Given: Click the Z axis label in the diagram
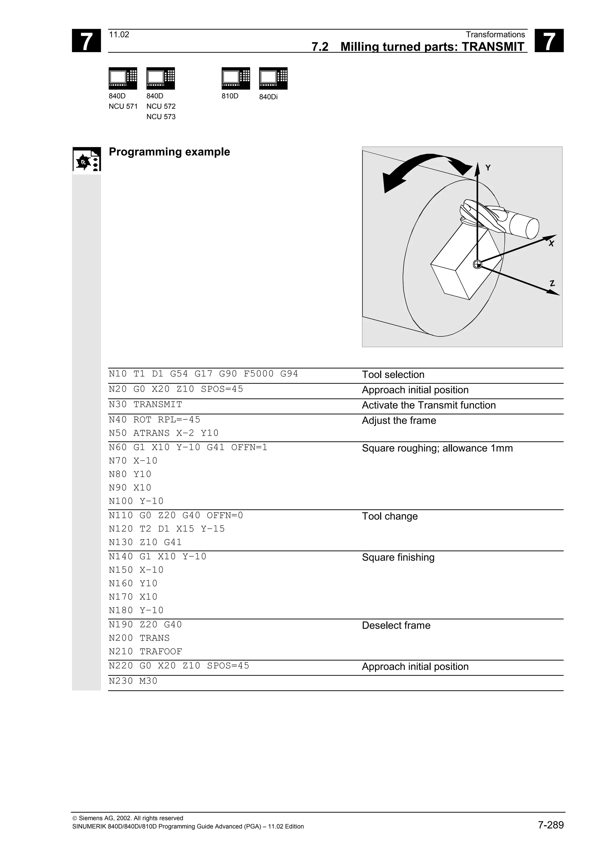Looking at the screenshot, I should pos(552,284).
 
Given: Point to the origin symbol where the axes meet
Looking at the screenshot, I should pos(477,264).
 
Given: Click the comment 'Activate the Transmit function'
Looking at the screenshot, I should pos(429,405).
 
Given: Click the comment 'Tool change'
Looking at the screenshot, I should pos(390,516).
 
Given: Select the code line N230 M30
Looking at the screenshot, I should pos(133,681).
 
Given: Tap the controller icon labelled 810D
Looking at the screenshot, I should pos(236,78).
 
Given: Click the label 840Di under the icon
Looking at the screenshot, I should pos(268,97).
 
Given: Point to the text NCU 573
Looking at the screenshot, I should pos(161,117).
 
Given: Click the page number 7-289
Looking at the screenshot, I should pos(550,825).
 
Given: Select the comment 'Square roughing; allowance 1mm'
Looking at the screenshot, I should pos(437,448).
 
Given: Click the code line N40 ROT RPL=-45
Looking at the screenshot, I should pos(154,419).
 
